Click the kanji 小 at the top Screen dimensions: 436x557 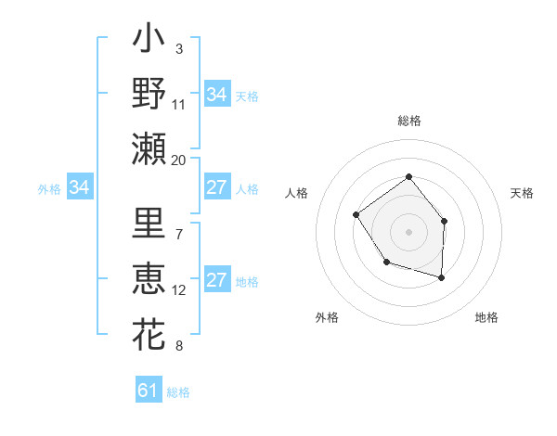click(149, 43)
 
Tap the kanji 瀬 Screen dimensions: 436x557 click(149, 147)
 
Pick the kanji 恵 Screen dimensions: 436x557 click(149, 279)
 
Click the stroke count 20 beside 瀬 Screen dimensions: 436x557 click(179, 160)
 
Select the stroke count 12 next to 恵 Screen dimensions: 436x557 click(179, 290)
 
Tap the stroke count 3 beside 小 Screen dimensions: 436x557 click(178, 48)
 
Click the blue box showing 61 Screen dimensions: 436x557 click(149, 391)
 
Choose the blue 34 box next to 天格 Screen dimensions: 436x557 click(216, 95)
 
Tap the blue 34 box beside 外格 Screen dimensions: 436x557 click(80, 187)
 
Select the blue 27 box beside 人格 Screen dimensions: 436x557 click(216, 187)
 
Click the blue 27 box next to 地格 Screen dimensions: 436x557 click(216, 281)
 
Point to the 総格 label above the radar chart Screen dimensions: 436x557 click(408, 121)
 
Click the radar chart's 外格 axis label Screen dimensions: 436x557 click(327, 317)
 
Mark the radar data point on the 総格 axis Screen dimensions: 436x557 click(408, 177)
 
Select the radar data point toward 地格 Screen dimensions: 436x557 click(441, 277)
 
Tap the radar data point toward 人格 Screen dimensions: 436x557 click(356, 215)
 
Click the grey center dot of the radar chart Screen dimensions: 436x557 click(408, 231)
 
